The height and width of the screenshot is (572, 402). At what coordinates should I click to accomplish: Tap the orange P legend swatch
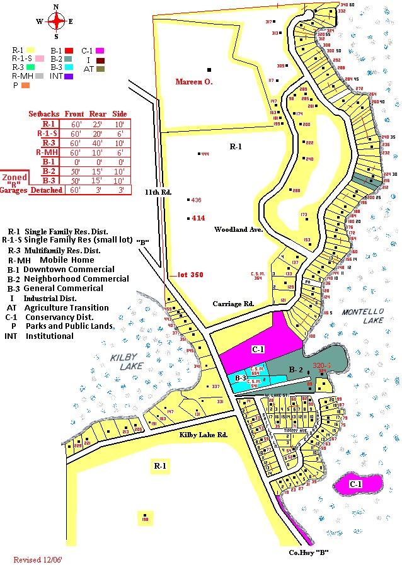[26, 84]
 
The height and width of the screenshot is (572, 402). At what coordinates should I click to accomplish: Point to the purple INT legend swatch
[69, 76]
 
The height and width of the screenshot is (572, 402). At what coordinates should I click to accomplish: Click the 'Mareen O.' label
[194, 81]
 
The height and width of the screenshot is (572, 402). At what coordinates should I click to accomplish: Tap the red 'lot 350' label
[188, 275]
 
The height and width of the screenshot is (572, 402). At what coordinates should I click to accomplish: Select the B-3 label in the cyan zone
[241, 377]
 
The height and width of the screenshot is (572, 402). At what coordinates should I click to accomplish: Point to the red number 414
[198, 218]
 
